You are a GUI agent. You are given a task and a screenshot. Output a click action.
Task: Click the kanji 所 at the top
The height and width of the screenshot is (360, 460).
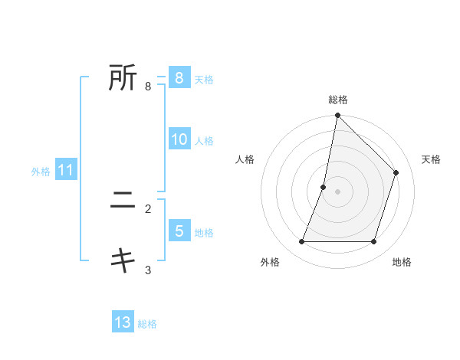point(123,77)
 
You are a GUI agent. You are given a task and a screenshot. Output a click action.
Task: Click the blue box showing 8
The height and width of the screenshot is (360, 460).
point(179,77)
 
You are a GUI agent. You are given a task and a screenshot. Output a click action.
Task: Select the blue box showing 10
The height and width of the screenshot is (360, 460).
point(179,139)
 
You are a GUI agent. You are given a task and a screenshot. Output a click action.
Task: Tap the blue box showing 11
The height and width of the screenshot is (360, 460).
point(65,171)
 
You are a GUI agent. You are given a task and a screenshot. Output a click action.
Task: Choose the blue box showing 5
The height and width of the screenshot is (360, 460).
point(179,231)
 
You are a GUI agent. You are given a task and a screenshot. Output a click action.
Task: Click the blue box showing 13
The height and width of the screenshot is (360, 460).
point(123,322)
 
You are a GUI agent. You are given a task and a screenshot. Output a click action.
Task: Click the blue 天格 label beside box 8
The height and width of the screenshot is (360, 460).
point(204,79)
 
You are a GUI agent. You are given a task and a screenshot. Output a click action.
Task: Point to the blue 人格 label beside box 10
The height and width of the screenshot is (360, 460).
point(204,141)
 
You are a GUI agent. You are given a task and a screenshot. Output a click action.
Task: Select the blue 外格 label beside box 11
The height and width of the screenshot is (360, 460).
point(41,172)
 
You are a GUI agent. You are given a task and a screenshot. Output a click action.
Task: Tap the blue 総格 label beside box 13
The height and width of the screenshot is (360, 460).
point(147,324)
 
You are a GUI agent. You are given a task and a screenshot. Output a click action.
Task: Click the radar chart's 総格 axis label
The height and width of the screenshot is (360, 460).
point(338,100)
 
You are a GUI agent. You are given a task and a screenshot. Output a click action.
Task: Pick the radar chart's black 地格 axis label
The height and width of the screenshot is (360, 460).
point(402,262)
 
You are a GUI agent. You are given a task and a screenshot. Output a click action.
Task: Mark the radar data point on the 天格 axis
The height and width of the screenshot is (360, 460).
point(396,172)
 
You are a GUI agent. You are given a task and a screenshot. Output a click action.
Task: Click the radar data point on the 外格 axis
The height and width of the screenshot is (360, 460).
point(302,242)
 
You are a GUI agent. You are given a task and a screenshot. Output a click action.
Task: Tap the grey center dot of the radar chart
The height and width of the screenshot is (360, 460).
point(338,191)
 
